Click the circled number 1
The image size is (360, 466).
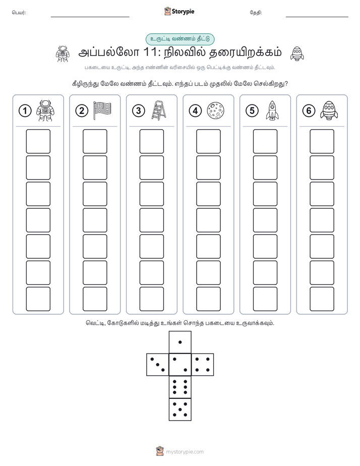[x=25, y=111]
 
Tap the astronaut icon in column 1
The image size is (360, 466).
[x=45, y=110]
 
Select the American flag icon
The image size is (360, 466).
[x=102, y=110]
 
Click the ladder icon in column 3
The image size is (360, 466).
[x=159, y=110]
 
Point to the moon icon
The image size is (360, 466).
[x=215, y=110]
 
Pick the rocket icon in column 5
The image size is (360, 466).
[x=272, y=110]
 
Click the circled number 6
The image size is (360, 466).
[x=309, y=111]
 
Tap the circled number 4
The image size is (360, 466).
[x=196, y=111]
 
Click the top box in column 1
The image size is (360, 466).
[x=38, y=141]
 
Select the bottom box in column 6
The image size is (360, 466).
[x=322, y=299]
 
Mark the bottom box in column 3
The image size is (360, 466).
[x=152, y=299]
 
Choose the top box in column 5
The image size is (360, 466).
[x=265, y=141]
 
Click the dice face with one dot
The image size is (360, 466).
[x=180, y=342]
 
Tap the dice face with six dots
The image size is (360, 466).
[x=180, y=387]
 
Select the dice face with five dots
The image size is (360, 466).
[x=180, y=410]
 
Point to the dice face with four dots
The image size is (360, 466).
[x=203, y=365]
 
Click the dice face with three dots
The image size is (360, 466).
[x=158, y=365]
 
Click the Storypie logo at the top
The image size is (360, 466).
[x=179, y=12]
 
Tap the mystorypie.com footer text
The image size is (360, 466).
[x=185, y=452]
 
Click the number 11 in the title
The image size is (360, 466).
[x=150, y=52]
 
